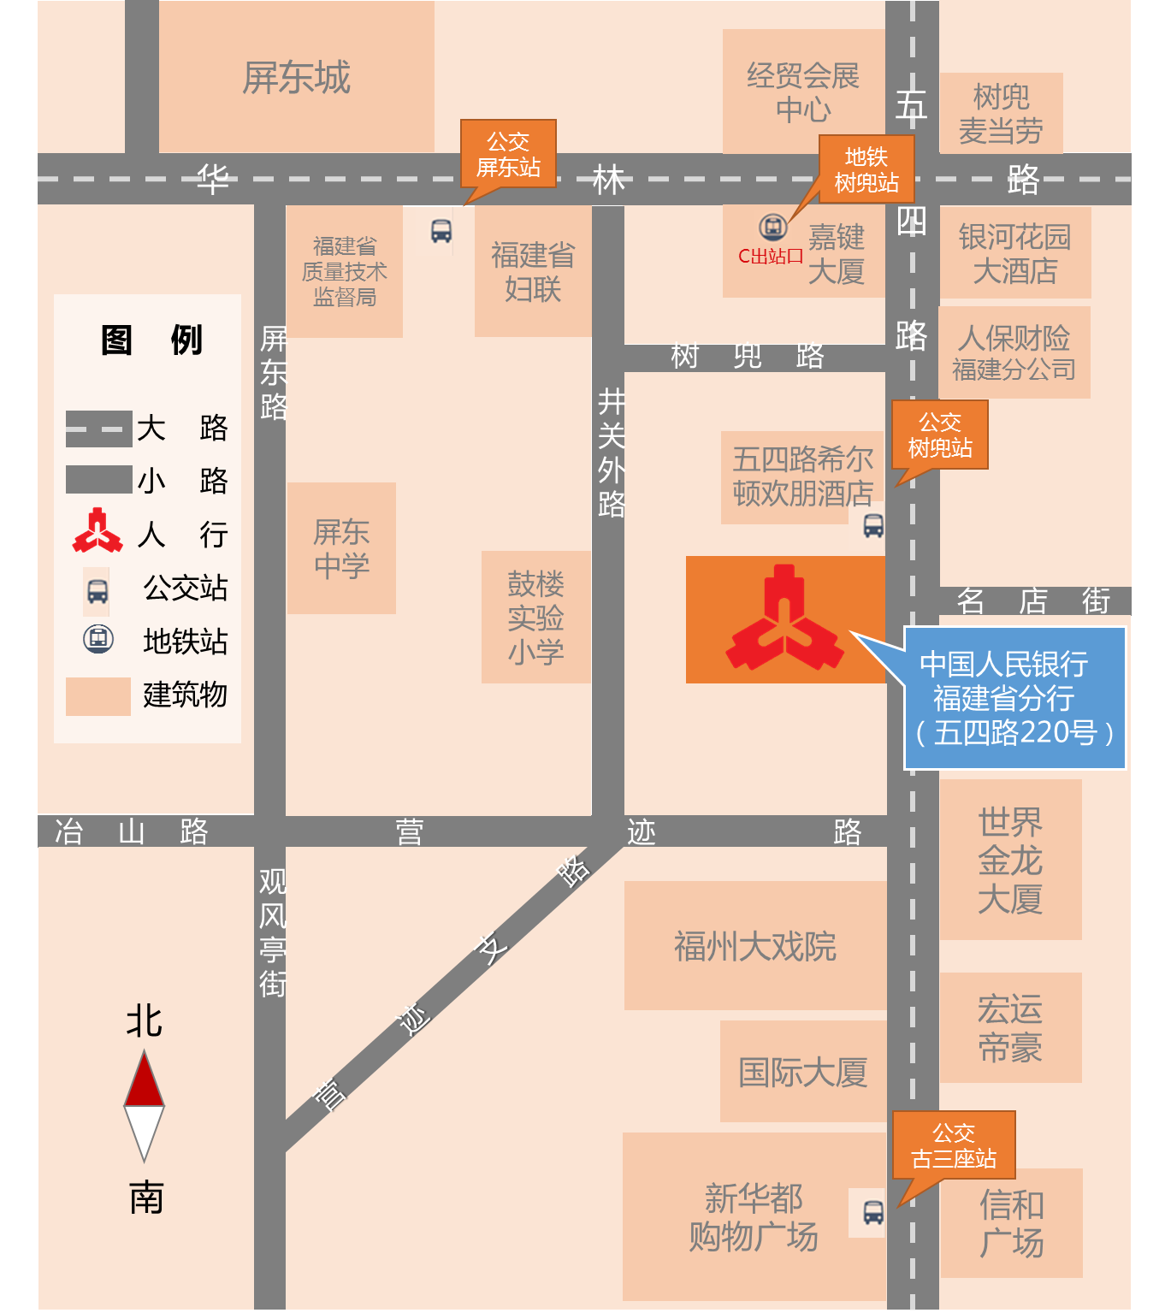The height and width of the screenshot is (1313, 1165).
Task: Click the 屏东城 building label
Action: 296,78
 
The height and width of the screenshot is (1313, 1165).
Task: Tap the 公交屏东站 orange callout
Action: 508,154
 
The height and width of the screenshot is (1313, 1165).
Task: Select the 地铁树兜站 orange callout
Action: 866,169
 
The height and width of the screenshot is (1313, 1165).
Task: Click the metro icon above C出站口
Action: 773,228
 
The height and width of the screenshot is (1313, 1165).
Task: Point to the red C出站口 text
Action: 771,256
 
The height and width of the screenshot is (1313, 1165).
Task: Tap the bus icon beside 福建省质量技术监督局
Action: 441,231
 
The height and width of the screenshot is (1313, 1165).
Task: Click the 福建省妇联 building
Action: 532,272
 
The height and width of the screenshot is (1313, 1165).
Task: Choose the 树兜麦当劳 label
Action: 1001,114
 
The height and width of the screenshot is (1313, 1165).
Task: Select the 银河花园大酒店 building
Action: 1014,253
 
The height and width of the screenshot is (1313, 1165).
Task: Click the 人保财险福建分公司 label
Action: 1014,352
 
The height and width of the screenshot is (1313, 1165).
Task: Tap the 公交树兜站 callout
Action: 939,435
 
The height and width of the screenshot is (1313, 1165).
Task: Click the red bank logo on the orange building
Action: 784,618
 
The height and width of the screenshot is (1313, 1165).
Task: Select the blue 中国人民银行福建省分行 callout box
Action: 1014,698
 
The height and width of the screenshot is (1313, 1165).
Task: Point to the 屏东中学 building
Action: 341,548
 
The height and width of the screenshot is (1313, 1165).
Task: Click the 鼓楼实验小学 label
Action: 535,618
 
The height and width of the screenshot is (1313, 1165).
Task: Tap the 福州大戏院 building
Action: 754,946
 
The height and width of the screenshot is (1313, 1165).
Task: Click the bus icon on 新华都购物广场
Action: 872,1212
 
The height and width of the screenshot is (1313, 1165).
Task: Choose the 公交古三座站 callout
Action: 954,1145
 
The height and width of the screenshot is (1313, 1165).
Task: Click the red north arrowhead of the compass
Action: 144,1079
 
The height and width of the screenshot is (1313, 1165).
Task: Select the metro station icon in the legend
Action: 98,639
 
